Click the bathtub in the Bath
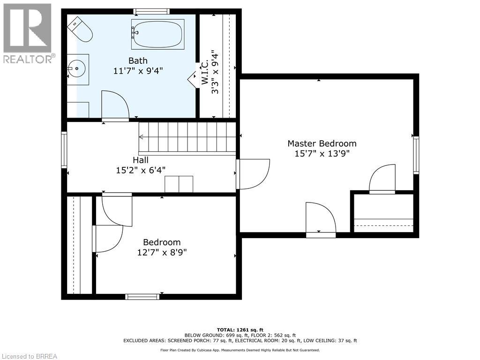157,34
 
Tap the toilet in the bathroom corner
80,30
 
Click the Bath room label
138,60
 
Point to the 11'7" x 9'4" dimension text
138,71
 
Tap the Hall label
141,160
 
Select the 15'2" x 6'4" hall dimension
141,170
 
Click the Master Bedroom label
322,143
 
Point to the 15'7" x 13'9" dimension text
322,153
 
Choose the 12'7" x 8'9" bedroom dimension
162,253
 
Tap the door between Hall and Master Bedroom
253,174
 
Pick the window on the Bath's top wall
151,11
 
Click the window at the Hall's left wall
64,150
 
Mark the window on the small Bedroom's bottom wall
142,296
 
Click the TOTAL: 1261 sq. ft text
240,330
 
